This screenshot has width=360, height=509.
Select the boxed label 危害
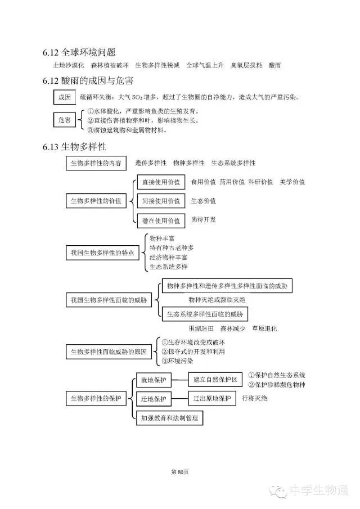(64, 120)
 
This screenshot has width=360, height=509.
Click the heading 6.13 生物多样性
(74, 147)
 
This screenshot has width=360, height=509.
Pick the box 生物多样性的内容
(97, 163)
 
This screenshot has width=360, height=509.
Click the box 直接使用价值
(161, 182)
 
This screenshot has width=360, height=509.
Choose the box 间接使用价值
(161, 201)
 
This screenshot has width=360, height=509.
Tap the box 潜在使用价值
(161, 220)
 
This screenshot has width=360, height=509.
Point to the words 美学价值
(292, 182)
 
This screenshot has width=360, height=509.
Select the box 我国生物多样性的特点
(102, 253)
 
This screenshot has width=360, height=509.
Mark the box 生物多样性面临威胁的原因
(109, 352)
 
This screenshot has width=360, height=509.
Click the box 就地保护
(154, 380)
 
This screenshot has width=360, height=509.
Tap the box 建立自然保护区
(215, 380)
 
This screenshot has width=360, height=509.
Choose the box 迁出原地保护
(211, 399)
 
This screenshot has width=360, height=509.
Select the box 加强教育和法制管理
(169, 418)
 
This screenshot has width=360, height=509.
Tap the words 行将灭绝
(254, 398)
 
